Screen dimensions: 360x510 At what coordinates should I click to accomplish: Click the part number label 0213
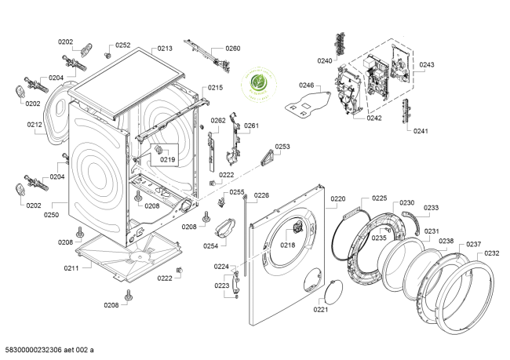[x=165, y=49]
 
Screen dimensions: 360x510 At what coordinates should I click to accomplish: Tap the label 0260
[x=233, y=49]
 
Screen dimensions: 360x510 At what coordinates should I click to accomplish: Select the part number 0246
[x=306, y=85]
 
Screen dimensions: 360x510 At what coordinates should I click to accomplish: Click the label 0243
[x=427, y=64]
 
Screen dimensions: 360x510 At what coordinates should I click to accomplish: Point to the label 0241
[x=421, y=131]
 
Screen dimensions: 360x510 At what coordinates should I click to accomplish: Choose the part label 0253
[x=282, y=147]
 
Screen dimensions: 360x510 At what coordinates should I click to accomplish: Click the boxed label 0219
[x=167, y=159]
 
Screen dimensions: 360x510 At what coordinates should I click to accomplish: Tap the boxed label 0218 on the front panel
[x=288, y=245]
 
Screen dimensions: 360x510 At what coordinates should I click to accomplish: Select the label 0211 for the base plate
[x=71, y=269]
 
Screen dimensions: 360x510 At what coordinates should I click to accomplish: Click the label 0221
[x=320, y=310]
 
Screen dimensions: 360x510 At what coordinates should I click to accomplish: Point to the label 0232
[x=492, y=253]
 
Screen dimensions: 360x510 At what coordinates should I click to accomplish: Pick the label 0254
[x=209, y=246]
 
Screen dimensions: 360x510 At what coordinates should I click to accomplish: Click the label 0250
[x=52, y=213]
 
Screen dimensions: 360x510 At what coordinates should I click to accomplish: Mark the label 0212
[x=34, y=124]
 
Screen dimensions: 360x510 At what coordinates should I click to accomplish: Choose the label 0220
[x=337, y=199]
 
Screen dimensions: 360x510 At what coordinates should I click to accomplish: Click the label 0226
[x=261, y=195]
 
